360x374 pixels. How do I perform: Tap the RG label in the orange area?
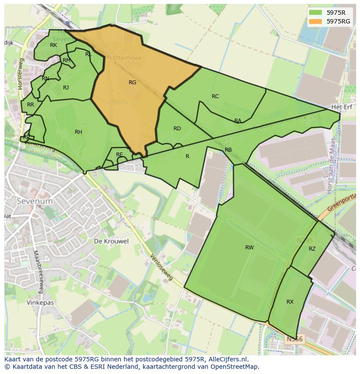coord(133,83)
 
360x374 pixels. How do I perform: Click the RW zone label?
coord(249,248)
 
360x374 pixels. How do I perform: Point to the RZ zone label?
coord(312,249)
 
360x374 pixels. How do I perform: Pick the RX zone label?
coord(290,302)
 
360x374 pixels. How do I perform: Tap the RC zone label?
coord(215,96)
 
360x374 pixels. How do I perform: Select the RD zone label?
coord(177,129)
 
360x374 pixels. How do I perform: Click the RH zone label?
coord(78,132)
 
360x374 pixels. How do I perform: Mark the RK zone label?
coord(53,45)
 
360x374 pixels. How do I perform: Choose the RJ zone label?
coord(66,88)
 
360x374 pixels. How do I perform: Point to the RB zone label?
coord(228,150)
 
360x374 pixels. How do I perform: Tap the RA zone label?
coord(238,121)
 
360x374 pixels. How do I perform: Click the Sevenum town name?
coord(34,202)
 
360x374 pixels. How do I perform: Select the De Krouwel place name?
coord(111,241)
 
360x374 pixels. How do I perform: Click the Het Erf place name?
coord(341,106)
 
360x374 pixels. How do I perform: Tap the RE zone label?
coord(119,155)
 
